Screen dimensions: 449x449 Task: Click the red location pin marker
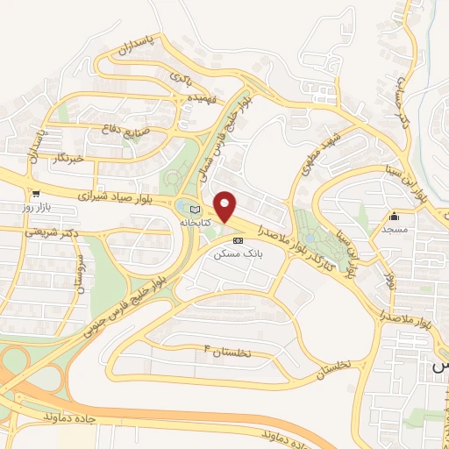coord(226,207)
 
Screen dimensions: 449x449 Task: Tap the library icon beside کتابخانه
coord(195,209)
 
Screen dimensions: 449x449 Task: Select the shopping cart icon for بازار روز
coord(35,195)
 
